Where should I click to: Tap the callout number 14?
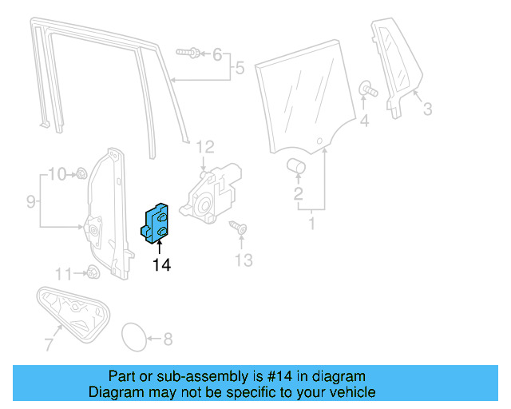161,264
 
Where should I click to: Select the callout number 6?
217,54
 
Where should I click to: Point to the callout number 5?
239,69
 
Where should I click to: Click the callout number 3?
427,109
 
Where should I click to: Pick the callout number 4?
364,121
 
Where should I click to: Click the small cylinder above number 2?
297,165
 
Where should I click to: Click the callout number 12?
205,146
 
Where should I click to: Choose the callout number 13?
243,260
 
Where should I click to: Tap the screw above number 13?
238,229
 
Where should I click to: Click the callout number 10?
57,173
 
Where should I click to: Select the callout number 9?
30,202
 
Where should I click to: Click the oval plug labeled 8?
133,337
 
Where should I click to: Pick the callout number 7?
48,344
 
